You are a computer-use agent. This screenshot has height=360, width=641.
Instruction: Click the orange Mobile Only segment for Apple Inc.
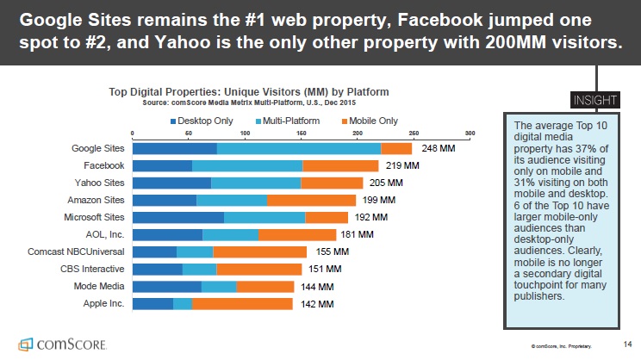(242, 303)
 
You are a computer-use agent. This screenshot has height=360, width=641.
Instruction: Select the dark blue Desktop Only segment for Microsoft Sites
(177, 217)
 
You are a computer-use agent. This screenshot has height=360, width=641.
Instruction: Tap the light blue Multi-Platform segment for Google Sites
(298, 148)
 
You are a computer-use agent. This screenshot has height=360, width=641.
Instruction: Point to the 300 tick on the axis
(470, 133)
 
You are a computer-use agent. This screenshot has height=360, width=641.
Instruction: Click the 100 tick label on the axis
(245, 133)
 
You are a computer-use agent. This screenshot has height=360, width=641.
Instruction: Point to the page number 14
(626, 343)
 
